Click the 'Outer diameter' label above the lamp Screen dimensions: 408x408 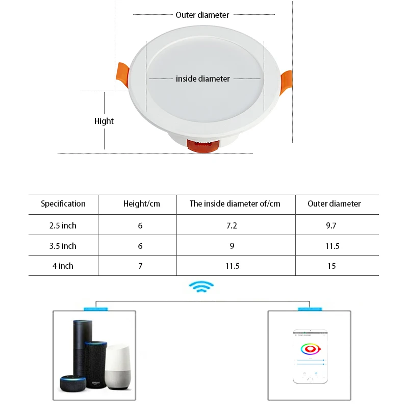pyautogui.click(x=202, y=15)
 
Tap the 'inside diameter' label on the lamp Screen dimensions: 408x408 pyautogui.click(x=203, y=79)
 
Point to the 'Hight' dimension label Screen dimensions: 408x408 pyautogui.click(x=104, y=121)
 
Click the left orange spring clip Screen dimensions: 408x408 pyautogui.click(x=122, y=75)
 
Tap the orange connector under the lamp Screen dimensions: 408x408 pyautogui.click(x=203, y=146)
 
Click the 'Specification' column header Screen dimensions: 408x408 pyautogui.click(x=63, y=203)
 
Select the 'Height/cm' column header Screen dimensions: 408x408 pyautogui.click(x=141, y=203)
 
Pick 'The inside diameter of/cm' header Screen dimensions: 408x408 pyautogui.click(x=235, y=203)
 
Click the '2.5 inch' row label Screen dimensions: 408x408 pyautogui.click(x=63, y=225)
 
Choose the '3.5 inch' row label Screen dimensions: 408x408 pyautogui.click(x=63, y=246)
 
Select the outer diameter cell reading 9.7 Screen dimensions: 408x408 pyautogui.click(x=331, y=225)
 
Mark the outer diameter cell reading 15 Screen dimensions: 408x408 pyautogui.click(x=331, y=266)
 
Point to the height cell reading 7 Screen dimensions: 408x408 pyautogui.click(x=140, y=266)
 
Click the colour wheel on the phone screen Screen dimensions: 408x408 pyautogui.click(x=310, y=349)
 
